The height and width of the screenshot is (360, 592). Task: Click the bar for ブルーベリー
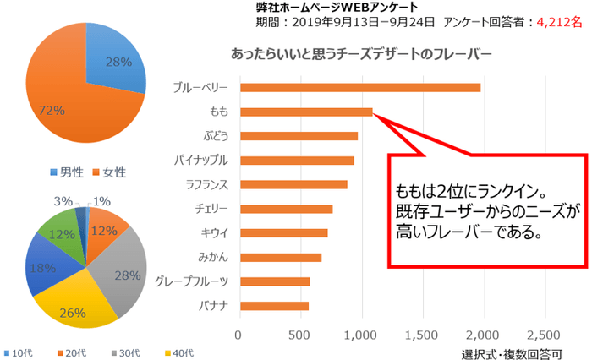pyautogui.click(x=359, y=87)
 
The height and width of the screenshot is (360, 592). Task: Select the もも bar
pyautogui.click(x=305, y=112)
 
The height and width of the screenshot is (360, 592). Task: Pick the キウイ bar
pyautogui.click(x=282, y=232)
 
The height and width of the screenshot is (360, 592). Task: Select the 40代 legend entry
pyautogui.click(x=183, y=352)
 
